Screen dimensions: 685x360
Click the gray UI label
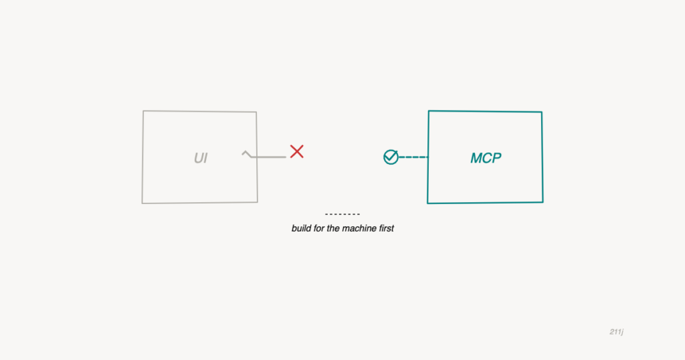pos(201,158)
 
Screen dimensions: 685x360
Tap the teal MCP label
pos(486,158)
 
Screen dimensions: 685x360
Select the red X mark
pos(296,152)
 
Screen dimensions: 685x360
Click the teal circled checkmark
pos(391,157)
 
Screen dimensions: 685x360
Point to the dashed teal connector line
pos(413,157)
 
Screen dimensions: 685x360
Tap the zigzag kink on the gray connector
pos(247,154)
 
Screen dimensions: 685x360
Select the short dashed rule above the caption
pos(342,214)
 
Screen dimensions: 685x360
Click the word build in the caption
pos(302,228)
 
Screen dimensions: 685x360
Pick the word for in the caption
pos(319,228)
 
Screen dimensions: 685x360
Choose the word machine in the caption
pos(359,228)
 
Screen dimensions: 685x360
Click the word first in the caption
pos(386,228)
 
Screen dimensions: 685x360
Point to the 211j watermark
pos(616,332)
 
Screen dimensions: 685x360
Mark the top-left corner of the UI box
pos(143,111)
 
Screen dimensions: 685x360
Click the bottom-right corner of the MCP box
pos(543,202)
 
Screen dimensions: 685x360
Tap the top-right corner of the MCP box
pos(542,112)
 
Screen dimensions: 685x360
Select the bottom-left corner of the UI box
pos(142,203)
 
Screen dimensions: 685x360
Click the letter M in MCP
pos(476,158)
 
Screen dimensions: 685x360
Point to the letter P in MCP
pos(497,158)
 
